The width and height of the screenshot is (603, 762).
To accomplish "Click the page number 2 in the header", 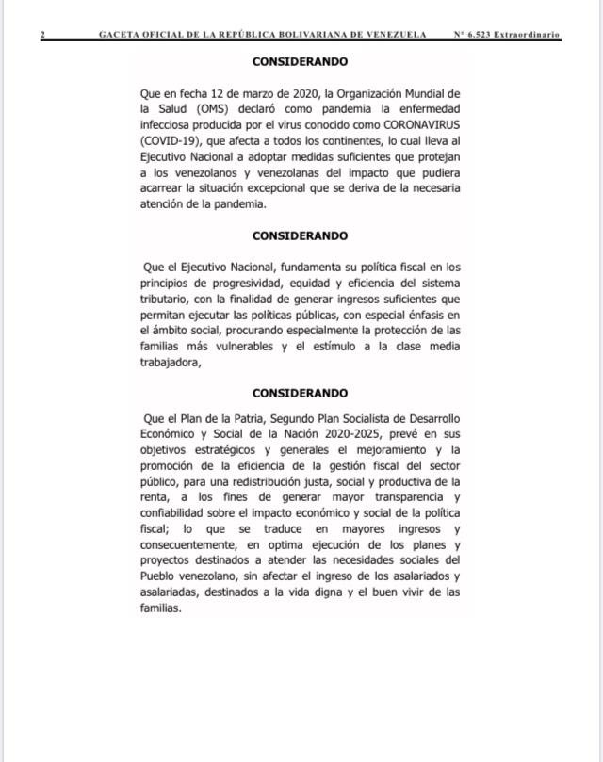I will pos(42,35).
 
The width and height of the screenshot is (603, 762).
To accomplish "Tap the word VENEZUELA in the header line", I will pos(393,35).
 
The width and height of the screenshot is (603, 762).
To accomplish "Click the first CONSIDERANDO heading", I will pos(301,61).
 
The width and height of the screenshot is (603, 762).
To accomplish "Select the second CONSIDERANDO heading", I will pos(301,235).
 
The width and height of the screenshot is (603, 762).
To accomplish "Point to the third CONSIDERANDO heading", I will pos(301,393).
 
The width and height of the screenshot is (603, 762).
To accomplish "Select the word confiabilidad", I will pos(177,512).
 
